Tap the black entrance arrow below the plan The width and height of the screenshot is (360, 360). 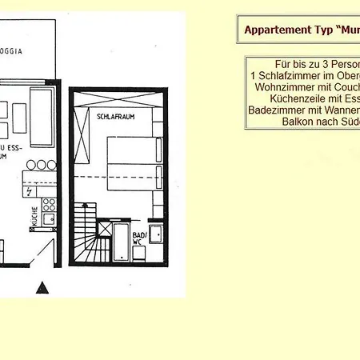tap(46, 287)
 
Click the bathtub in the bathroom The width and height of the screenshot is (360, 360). tap(121, 242)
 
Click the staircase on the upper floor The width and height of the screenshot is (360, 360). tap(86, 232)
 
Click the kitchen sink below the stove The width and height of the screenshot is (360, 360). tap(49, 218)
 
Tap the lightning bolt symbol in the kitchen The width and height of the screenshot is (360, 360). tap(30, 192)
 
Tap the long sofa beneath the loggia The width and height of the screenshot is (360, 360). tap(41, 106)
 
